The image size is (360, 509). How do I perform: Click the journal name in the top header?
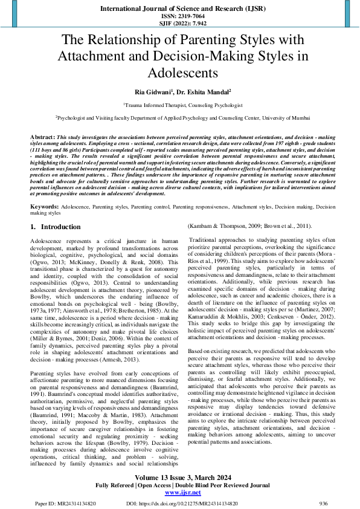tap(179, 8)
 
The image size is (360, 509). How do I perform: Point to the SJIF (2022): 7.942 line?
tap(179, 24)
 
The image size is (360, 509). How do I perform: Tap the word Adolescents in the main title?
tap(179, 73)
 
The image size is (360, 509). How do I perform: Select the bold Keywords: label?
tap(44, 207)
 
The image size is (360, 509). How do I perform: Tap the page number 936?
tap(323, 502)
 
